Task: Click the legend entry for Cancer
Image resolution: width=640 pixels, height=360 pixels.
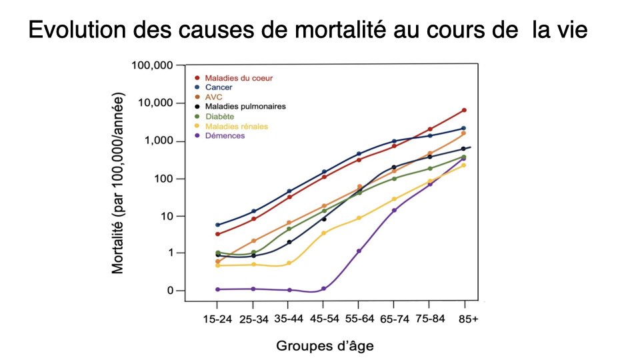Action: coord(219,87)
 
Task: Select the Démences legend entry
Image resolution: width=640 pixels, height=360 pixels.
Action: coord(225,136)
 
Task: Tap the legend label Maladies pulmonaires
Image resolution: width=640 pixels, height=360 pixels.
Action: coord(245,107)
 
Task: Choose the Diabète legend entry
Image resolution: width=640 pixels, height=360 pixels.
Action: coord(219,117)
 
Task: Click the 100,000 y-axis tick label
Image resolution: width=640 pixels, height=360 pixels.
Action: coord(153,65)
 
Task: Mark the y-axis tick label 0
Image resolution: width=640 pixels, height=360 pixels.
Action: coord(170,291)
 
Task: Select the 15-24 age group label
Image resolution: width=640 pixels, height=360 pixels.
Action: coord(217,319)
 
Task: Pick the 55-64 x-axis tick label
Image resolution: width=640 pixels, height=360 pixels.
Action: coord(359,319)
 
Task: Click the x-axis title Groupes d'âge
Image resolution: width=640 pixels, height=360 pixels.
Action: coord(325,345)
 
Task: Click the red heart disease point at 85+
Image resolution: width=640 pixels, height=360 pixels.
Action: coord(464,110)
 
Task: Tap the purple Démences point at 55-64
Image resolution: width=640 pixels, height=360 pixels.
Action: coord(359,251)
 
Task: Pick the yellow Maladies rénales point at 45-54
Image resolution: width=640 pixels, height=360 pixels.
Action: coord(324,233)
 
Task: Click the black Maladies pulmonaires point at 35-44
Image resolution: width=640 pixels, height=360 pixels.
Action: coord(289,242)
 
